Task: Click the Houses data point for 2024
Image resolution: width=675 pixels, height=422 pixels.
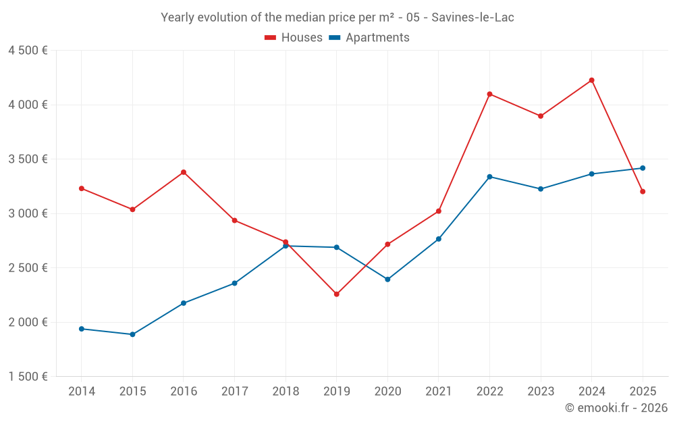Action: coord(592,80)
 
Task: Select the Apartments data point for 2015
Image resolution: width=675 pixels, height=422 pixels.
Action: coord(132,334)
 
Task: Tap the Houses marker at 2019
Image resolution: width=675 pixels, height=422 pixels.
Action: coord(337,294)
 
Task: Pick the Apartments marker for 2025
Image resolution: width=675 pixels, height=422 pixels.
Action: coord(643,168)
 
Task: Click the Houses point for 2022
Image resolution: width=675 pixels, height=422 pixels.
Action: coord(489,94)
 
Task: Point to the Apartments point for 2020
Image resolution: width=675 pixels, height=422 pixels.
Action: coord(387,280)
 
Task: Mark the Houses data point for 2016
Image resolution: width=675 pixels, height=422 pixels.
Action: coord(184,172)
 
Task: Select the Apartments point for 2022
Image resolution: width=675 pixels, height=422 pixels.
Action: coord(489,177)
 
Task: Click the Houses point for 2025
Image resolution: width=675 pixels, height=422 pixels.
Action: coord(643,192)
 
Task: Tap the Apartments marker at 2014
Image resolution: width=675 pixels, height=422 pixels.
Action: coord(82,329)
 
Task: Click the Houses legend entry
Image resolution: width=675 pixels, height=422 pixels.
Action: coord(294,38)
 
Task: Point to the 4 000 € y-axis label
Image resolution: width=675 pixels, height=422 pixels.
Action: coord(28,105)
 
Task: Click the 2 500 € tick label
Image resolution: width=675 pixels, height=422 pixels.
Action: coord(28,268)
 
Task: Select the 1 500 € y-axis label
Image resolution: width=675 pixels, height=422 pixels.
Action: coord(28,377)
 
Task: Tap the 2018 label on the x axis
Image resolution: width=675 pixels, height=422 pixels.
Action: coord(286,392)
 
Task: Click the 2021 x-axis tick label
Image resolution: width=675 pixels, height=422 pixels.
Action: coord(439,392)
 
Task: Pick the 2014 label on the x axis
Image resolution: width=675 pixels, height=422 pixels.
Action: coord(82,392)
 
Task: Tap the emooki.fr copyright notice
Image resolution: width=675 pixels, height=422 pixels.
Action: coord(616,408)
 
